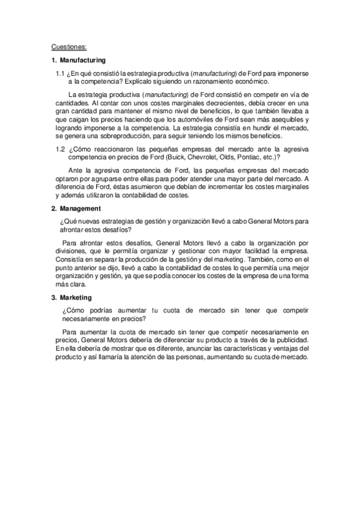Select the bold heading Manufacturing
(82, 60)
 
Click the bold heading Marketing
(76, 297)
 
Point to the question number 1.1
(60, 73)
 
